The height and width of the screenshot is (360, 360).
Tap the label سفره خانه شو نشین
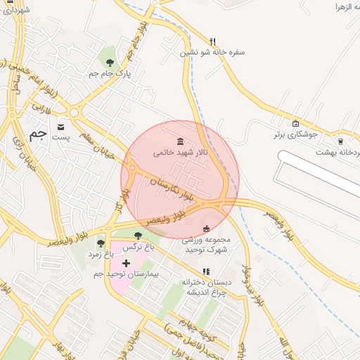[x=213, y=52]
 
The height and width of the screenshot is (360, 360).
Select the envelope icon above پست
[x=61, y=127]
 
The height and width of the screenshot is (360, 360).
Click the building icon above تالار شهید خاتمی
[x=181, y=141]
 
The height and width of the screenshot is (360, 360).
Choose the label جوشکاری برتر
[x=295, y=134]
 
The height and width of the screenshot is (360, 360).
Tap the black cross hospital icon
[x=126, y=263]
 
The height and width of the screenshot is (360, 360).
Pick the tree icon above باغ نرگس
[x=137, y=236]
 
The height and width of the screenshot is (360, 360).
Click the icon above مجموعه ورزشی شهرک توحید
[x=205, y=229]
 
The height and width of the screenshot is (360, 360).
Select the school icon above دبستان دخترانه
[x=205, y=271]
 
